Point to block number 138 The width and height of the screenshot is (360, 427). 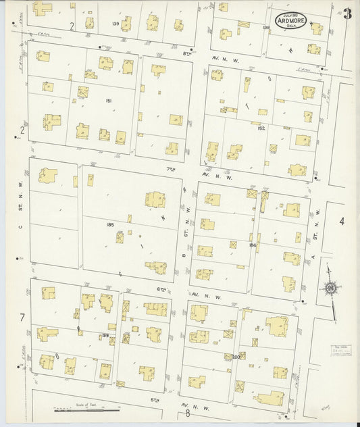tap(265, 28)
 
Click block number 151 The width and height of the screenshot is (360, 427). tap(108, 101)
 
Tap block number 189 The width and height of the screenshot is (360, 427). tap(105, 335)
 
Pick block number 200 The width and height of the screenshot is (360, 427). tap(236, 356)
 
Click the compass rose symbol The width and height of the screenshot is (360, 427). tap(330, 289)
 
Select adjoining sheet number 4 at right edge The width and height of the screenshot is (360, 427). tap(342, 221)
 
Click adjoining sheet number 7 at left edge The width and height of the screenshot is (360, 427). tap(22, 317)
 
